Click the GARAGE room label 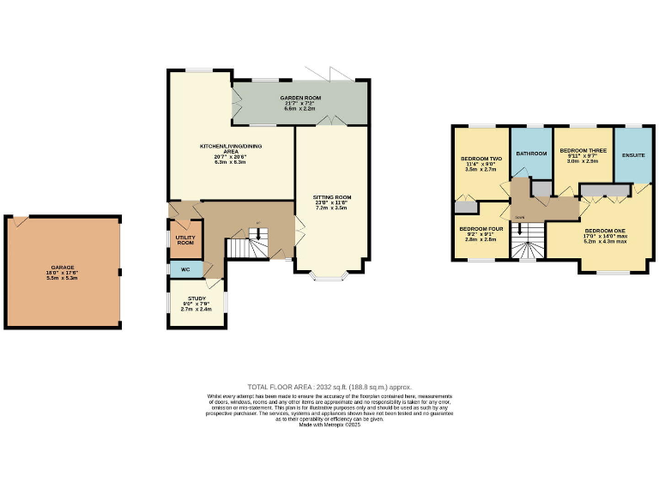tap(62, 268)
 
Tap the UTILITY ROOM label tap(185, 239)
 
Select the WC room tap(185, 269)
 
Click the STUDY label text tap(197, 298)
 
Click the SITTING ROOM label tap(332, 197)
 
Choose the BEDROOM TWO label tap(481, 159)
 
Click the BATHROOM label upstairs tap(531, 154)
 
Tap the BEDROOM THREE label tap(583, 151)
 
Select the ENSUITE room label tap(633, 155)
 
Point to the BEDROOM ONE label tap(605, 231)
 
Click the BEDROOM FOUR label tap(480, 230)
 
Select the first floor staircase tap(526, 241)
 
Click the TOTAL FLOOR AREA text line tap(329, 387)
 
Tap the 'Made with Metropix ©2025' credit tap(329, 425)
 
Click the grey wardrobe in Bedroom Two tap(464, 207)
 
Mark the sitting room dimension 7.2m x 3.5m tap(332, 208)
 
